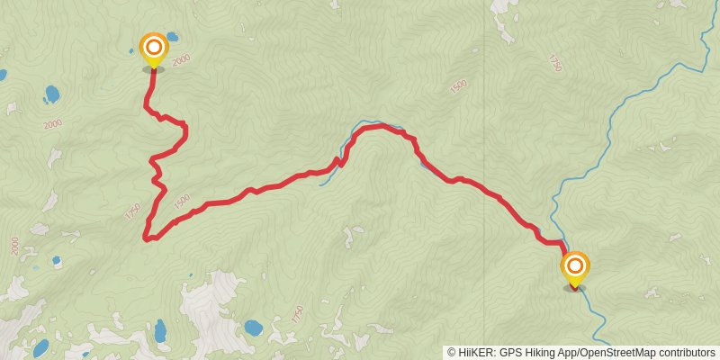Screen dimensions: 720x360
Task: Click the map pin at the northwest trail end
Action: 154,48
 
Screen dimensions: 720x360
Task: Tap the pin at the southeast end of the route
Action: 575,267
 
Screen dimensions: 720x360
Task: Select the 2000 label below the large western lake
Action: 52,122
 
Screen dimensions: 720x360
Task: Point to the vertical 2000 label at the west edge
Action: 14,245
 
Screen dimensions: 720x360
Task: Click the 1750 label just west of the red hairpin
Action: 133,213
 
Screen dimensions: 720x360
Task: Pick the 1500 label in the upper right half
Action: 459,85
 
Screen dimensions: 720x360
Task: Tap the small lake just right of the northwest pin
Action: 171,39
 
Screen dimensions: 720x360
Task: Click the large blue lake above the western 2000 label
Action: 51,93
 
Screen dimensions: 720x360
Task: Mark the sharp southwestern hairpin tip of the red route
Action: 147,238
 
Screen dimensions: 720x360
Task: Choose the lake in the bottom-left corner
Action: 40,346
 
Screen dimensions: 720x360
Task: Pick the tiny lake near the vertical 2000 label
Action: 56,261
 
